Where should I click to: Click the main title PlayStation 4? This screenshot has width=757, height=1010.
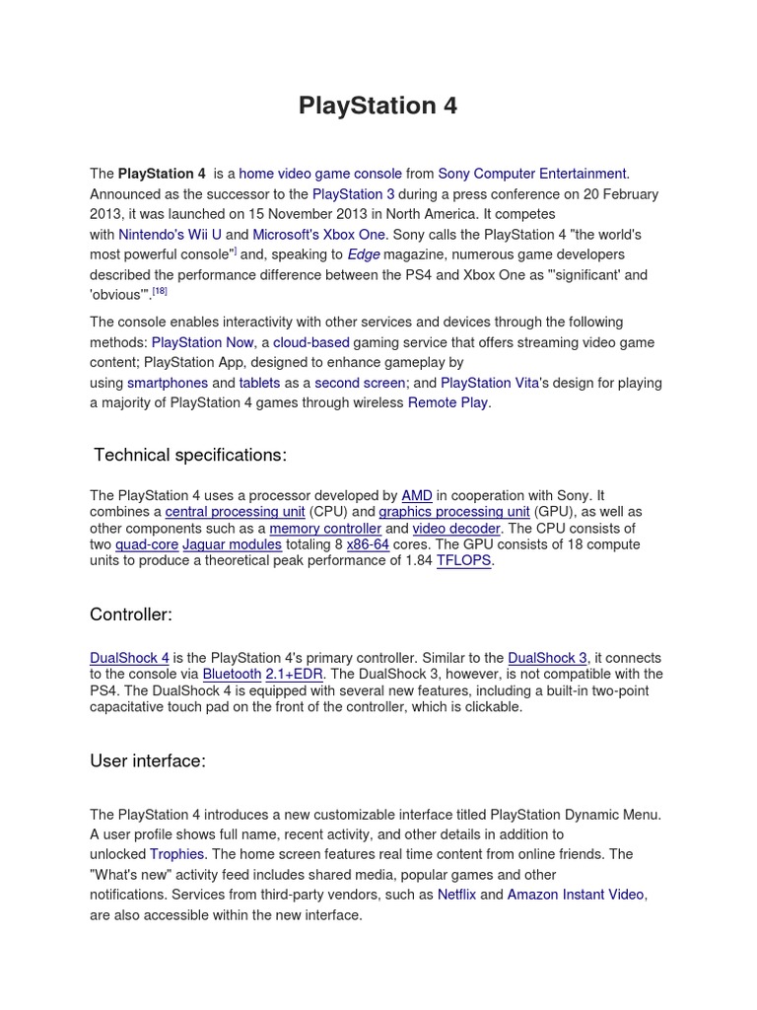point(378,107)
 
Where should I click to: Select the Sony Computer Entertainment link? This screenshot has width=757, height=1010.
point(532,174)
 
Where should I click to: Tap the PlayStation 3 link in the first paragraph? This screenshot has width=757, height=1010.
point(353,194)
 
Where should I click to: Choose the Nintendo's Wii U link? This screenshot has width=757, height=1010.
point(170,235)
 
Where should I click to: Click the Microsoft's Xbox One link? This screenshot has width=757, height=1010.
point(319,235)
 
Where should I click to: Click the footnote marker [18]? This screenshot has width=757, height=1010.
point(160,292)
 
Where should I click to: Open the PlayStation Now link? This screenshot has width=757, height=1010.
point(203,342)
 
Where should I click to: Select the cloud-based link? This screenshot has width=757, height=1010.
point(310,342)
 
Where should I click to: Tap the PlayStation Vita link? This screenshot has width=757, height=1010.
point(490,383)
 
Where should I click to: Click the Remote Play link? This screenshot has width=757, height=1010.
point(447,402)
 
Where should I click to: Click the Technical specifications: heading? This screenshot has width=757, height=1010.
point(190,455)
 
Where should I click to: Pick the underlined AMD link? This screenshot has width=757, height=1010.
point(417,496)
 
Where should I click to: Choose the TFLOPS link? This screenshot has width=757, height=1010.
point(463,561)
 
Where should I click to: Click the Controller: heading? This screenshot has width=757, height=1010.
point(131,614)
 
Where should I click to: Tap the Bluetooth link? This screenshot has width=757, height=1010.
point(232,675)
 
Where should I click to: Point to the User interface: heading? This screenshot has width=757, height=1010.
point(148,760)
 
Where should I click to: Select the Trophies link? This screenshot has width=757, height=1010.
point(177,854)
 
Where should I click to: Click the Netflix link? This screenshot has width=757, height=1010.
point(456,895)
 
